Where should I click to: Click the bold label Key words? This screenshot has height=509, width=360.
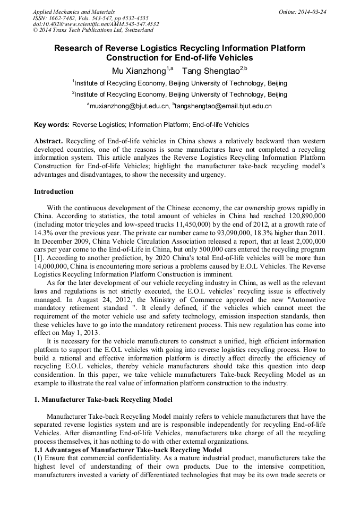[52, 125]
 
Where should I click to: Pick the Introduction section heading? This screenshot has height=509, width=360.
[54, 192]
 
